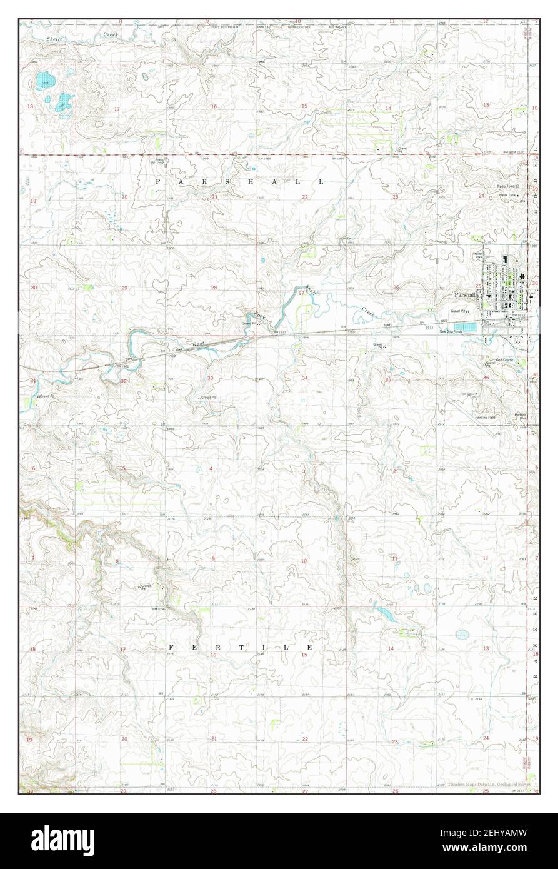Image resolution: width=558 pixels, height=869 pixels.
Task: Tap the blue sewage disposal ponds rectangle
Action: point(465,327)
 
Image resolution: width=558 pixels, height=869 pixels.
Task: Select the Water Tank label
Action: point(507,195)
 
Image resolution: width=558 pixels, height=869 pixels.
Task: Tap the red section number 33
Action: point(211,378)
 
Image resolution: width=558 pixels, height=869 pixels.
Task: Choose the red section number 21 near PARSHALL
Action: point(214,197)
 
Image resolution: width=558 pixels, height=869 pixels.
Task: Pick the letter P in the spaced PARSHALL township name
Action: point(158,181)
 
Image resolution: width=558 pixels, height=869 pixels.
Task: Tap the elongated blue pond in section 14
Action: point(384,613)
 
